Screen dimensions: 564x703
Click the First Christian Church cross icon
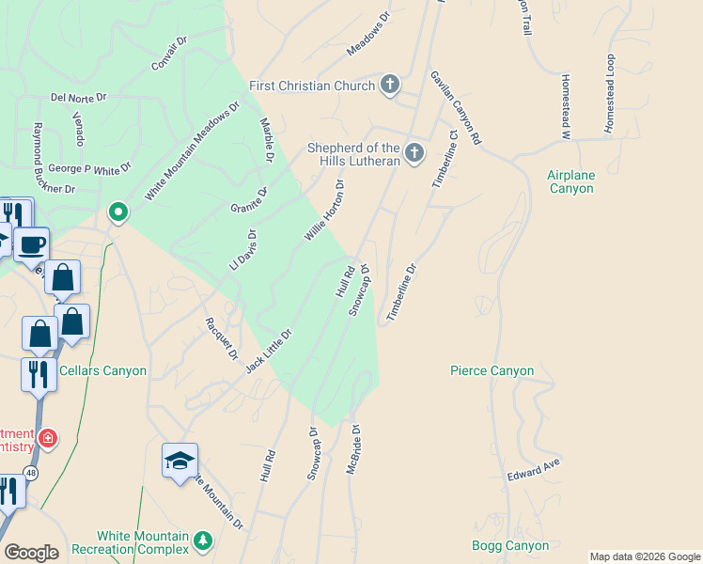pyautogui.click(x=390, y=86)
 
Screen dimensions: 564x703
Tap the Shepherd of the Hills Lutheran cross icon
pyautogui.click(x=414, y=151)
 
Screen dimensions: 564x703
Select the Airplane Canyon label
pyautogui.click(x=571, y=181)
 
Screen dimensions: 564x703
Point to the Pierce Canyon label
pyautogui.click(x=492, y=370)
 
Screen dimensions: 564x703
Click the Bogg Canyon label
pyautogui.click(x=510, y=545)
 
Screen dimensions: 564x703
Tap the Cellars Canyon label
pyautogui.click(x=102, y=370)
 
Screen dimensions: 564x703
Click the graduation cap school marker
pyautogui.click(x=180, y=461)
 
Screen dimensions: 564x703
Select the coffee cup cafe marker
pyautogui.click(x=32, y=244)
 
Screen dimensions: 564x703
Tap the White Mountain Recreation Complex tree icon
pyautogui.click(x=202, y=540)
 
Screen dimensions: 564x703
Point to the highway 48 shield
pyautogui.click(x=32, y=474)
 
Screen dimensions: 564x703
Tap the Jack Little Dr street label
pyautogui.click(x=270, y=348)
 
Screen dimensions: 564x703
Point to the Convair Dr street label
pyautogui.click(x=169, y=54)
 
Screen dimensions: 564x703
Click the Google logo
pyautogui.click(x=31, y=553)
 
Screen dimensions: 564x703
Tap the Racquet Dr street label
pyautogui.click(x=222, y=338)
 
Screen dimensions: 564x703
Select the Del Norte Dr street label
pyautogui.click(x=79, y=97)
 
